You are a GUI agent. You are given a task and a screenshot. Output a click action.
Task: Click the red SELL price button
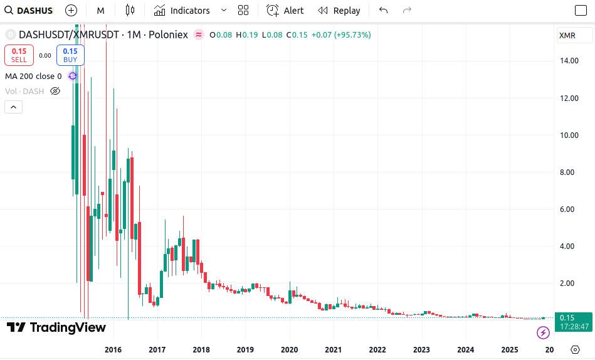pyautogui.click(x=19, y=55)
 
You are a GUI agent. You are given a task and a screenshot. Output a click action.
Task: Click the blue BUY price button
pyautogui.click(x=70, y=55)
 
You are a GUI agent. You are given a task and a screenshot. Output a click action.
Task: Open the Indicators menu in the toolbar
pyautogui.click(x=182, y=11)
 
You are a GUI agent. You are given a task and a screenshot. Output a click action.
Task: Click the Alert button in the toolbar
pyautogui.click(x=285, y=11)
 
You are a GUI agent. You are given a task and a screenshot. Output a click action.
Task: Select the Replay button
pyautogui.click(x=339, y=11)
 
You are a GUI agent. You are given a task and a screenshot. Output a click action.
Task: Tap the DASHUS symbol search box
pyautogui.click(x=29, y=11)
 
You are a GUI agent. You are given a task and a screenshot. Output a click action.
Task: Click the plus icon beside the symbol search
pyautogui.click(x=71, y=11)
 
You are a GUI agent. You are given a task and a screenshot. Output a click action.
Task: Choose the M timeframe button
pyautogui.click(x=100, y=11)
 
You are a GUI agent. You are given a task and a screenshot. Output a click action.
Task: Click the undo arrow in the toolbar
pyautogui.click(x=384, y=11)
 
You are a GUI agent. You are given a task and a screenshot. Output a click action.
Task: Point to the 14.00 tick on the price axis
pyautogui.click(x=568, y=61)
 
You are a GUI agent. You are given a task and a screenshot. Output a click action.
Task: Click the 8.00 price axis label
pyautogui.click(x=568, y=172)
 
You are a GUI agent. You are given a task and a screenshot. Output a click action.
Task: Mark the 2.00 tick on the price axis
pyautogui.click(x=568, y=283)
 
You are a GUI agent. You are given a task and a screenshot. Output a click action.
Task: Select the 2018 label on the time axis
pyautogui.click(x=201, y=349)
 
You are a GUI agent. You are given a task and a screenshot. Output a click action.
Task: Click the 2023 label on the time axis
pyautogui.click(x=421, y=349)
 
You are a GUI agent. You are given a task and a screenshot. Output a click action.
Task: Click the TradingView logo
pyautogui.click(x=56, y=327)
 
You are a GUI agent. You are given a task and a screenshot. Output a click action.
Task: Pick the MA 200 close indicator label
pyautogui.click(x=33, y=77)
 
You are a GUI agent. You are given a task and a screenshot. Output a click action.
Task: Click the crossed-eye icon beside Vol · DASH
pyautogui.click(x=55, y=92)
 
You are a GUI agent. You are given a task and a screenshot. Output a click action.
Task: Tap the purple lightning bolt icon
pyautogui.click(x=543, y=332)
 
